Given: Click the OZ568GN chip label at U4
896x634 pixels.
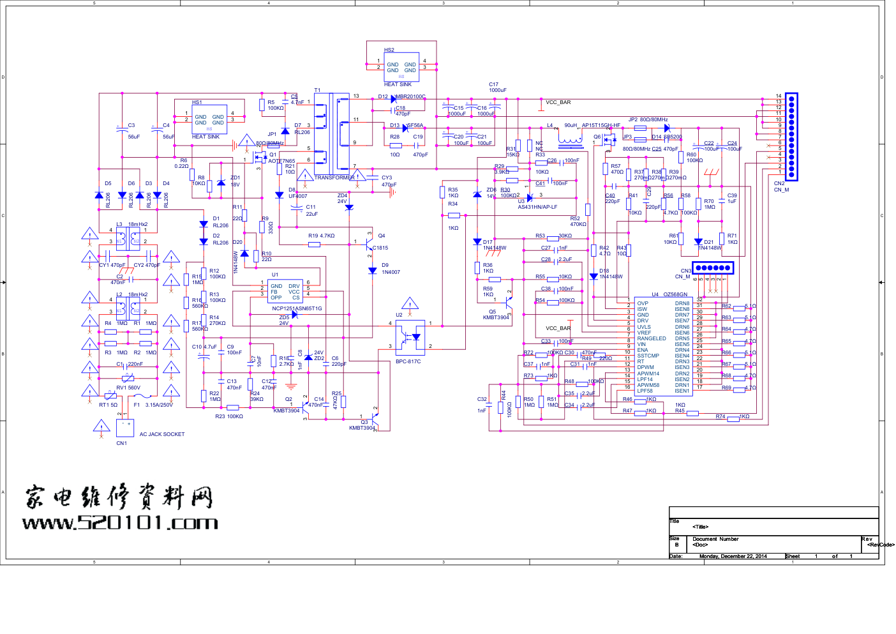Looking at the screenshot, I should point(675,294).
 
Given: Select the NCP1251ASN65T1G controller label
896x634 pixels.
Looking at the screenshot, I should point(297,308).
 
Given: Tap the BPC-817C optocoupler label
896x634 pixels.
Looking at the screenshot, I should point(408,361).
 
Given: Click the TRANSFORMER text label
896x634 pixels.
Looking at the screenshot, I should point(334,177).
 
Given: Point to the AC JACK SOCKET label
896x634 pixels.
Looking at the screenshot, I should point(162,434).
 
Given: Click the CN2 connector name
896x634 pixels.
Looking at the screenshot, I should point(779,183).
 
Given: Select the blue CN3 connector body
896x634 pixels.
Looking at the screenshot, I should point(713,268).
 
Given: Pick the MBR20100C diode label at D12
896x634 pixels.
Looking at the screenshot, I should point(410,96).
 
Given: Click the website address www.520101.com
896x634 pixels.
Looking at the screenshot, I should point(120,523).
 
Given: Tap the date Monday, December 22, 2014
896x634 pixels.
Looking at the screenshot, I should point(733,556).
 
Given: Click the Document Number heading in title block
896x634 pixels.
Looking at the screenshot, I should point(715,539).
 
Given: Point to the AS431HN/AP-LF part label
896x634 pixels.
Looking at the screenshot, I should point(537,207).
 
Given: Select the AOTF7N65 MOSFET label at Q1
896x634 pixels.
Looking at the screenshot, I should point(281,161).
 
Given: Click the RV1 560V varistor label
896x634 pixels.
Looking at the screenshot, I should point(128,388).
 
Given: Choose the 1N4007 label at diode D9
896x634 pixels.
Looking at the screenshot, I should point(391,272).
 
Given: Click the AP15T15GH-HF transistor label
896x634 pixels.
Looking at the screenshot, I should point(601,125).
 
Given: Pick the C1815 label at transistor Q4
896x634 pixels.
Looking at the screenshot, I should point(380,248).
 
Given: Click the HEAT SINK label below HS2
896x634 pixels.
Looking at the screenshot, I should point(398,84).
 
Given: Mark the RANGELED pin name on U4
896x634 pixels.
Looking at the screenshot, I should point(651,338).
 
